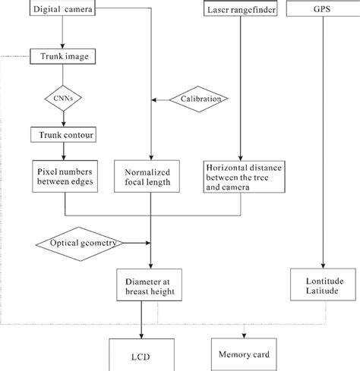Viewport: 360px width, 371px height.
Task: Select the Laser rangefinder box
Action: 240,10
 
